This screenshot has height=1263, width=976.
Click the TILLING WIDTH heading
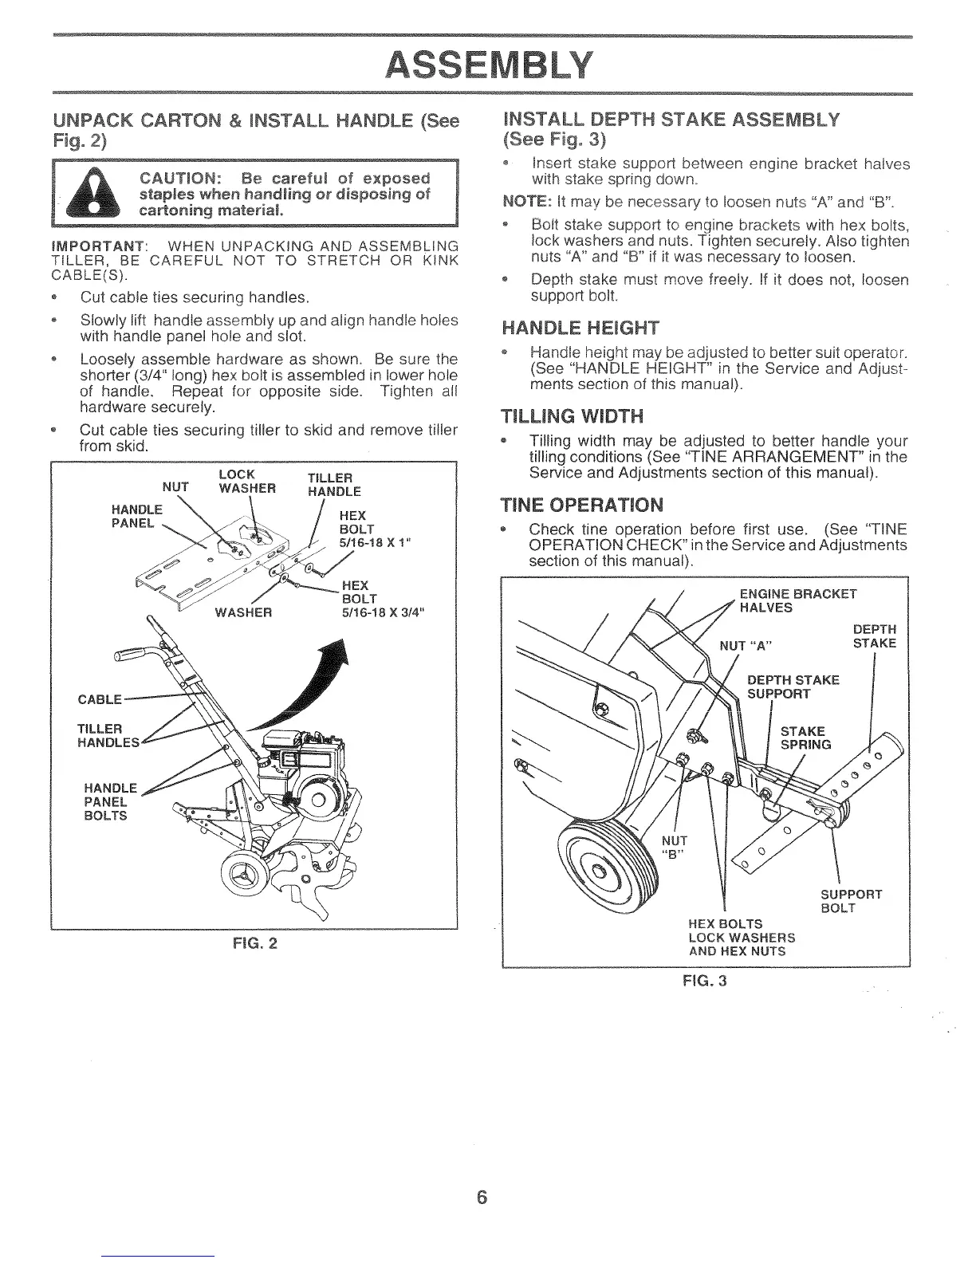click(570, 416)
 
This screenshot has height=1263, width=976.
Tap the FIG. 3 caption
click(706, 981)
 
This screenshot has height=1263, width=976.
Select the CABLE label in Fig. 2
click(100, 699)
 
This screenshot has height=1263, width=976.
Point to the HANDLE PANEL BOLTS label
click(108, 802)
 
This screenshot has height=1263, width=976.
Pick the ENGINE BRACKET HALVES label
click(797, 600)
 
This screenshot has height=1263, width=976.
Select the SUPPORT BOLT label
click(851, 901)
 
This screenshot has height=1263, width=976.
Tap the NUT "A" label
click(746, 644)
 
